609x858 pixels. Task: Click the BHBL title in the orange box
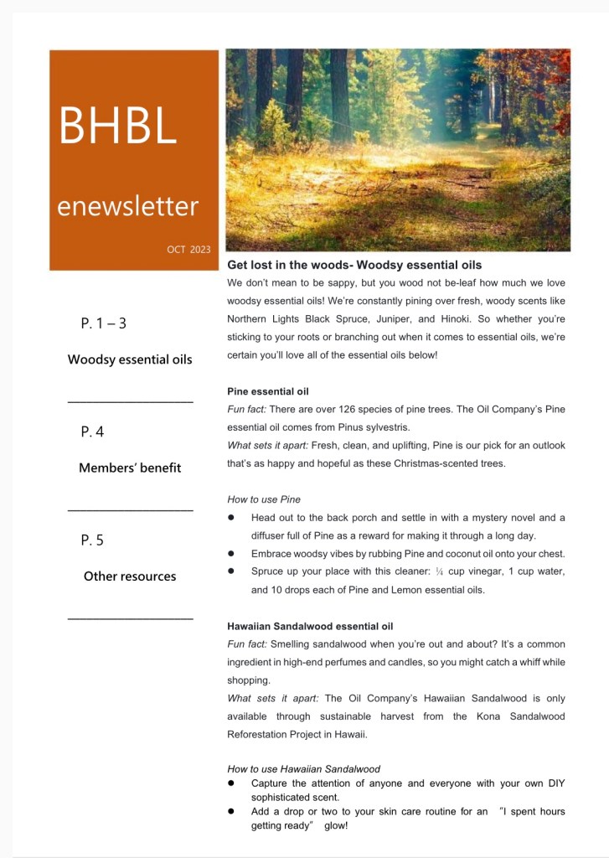click(117, 125)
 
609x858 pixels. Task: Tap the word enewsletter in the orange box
click(127, 205)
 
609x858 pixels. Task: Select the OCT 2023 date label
click(188, 250)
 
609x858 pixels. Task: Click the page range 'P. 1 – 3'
click(104, 323)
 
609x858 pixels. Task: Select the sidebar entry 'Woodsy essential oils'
click(130, 359)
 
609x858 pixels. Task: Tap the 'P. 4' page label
click(93, 432)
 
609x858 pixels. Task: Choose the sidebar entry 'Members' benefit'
click(130, 468)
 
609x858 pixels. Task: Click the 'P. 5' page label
click(93, 540)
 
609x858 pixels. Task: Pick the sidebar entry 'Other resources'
click(130, 576)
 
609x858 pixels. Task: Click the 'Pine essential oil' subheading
click(268, 391)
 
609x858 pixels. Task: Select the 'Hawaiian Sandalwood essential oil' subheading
click(310, 626)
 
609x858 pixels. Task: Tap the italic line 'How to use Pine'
click(264, 499)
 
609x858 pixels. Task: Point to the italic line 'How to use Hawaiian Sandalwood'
click(303, 768)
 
